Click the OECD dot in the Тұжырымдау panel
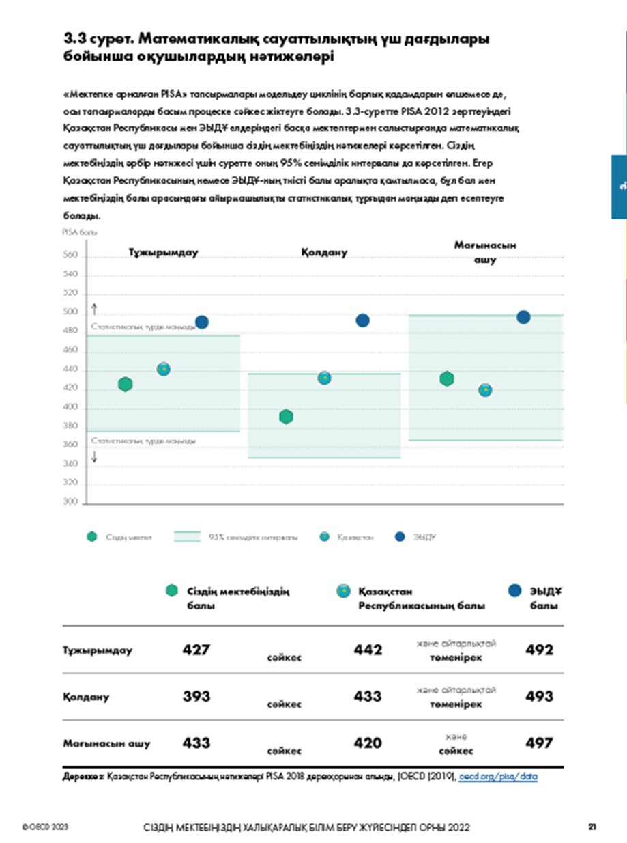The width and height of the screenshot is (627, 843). [x=201, y=322]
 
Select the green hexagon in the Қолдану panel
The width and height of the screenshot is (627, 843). [x=287, y=417]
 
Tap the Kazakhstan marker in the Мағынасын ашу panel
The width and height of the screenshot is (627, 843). [x=485, y=390]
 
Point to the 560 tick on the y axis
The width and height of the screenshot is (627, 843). [x=71, y=257]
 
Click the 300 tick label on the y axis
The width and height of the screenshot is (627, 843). [x=71, y=501]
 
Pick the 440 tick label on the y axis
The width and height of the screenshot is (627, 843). [x=71, y=370]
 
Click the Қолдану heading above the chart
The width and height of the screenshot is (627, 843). [x=324, y=252]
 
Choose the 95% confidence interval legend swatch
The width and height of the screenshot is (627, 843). [x=187, y=537]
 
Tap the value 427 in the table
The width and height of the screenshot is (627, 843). [x=196, y=650]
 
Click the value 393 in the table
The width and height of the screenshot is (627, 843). [x=196, y=696]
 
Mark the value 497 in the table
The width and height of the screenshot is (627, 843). [x=539, y=743]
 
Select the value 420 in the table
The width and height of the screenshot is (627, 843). [x=368, y=743]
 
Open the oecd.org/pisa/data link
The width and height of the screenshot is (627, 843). [x=498, y=777]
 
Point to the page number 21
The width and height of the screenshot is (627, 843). [x=593, y=827]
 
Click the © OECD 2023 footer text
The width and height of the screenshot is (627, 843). [x=44, y=827]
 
